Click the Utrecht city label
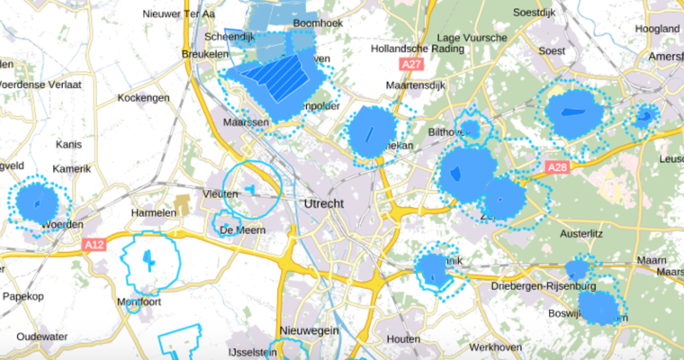pyautogui.click(x=325, y=203)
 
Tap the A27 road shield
pyautogui.click(x=412, y=65)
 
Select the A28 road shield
pyautogui.click(x=558, y=167)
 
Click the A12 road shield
pyautogui.click(x=95, y=244)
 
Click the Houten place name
pyautogui.click(x=402, y=339)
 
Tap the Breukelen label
pyautogui.click(x=206, y=55)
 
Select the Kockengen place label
pyautogui.click(x=144, y=97)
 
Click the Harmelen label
pyautogui.click(x=152, y=212)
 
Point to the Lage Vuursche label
pyautogui.click(x=464, y=38)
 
